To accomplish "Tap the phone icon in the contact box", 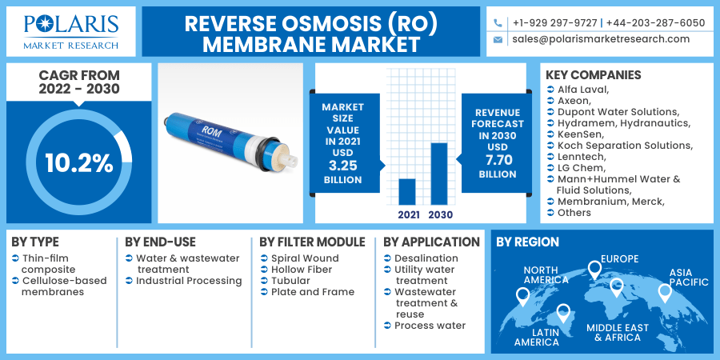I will (498, 22).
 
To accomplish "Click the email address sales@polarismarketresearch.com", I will (600, 38).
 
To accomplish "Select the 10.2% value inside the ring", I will (78, 163).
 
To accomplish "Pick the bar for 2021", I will (407, 191).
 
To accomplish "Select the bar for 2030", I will (439, 173).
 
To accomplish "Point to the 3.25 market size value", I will (342, 166).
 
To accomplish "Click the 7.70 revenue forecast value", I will (497, 160).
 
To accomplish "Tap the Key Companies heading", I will (593, 75).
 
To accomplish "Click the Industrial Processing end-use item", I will (189, 281).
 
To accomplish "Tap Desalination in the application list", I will (426, 258).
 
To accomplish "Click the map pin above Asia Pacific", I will (665, 293).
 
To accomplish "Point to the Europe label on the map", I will (620, 258).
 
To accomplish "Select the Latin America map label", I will (537, 337).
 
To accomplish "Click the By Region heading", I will (527, 242).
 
